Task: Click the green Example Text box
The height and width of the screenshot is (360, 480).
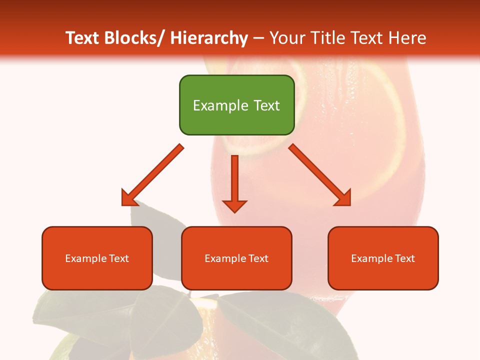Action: coord(236,105)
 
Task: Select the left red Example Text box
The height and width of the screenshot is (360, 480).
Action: coord(97,258)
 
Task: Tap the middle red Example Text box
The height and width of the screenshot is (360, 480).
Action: coord(236,258)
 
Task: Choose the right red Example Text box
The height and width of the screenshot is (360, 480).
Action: coord(383,258)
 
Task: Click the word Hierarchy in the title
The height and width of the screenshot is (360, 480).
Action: coord(209,38)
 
